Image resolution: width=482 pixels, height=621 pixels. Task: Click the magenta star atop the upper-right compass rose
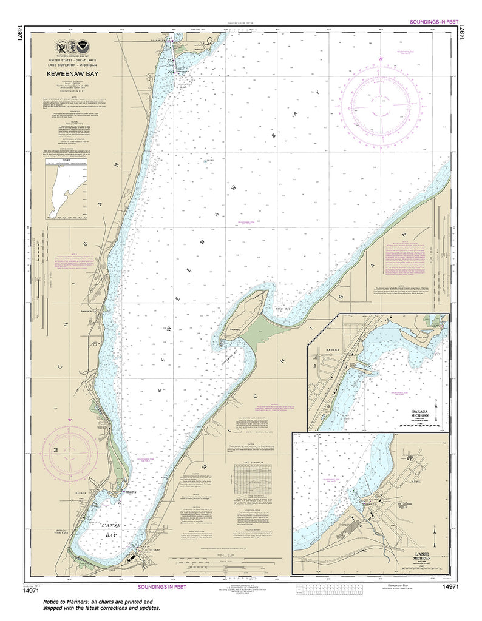pos(381,58)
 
